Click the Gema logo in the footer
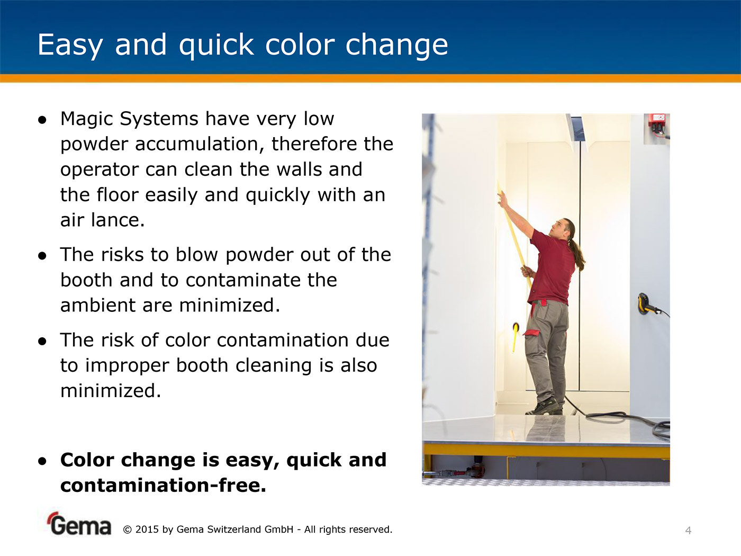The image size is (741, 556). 79,524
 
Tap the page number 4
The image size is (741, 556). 689,531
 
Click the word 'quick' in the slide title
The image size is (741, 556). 216,46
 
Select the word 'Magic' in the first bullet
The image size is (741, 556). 87,119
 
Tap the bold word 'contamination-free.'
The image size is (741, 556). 164,486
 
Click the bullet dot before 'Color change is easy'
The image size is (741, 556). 42,461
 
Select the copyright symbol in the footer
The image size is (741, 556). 127,530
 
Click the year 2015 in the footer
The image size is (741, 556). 147,530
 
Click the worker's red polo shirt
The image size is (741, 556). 552,267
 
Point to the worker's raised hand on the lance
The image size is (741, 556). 503,199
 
